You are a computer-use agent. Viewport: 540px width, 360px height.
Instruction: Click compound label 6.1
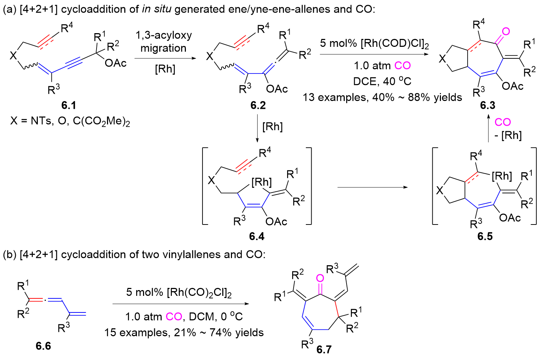pos(68,105)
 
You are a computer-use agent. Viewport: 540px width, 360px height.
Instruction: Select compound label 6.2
pos(258,105)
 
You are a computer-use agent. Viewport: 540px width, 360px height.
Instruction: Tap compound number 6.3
pos(487,105)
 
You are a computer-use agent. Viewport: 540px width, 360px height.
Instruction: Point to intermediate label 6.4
pos(256,236)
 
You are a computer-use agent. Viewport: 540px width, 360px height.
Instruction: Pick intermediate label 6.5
pos(485,236)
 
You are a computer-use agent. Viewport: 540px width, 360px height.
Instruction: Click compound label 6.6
pos(43,346)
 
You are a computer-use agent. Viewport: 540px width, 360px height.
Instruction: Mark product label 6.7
pos(324,349)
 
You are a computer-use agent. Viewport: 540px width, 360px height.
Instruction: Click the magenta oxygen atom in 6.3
pos(506,31)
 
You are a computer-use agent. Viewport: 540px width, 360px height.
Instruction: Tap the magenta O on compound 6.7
pos(320,278)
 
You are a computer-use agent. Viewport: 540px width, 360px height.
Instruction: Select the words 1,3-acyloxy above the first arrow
pos(164,35)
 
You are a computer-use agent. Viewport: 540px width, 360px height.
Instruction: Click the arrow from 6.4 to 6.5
pos(372,187)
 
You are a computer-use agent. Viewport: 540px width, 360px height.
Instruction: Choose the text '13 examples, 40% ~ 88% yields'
pos(382,97)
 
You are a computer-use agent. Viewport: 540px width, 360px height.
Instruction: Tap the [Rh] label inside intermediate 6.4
pos(262,182)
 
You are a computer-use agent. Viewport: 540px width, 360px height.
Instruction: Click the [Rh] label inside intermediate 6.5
pos(502,176)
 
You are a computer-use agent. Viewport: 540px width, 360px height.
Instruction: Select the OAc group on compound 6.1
pos(116,63)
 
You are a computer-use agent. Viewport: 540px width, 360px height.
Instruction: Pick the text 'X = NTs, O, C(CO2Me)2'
pos(70,121)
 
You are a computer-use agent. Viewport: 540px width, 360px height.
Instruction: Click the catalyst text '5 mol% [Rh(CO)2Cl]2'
pos(179,292)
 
